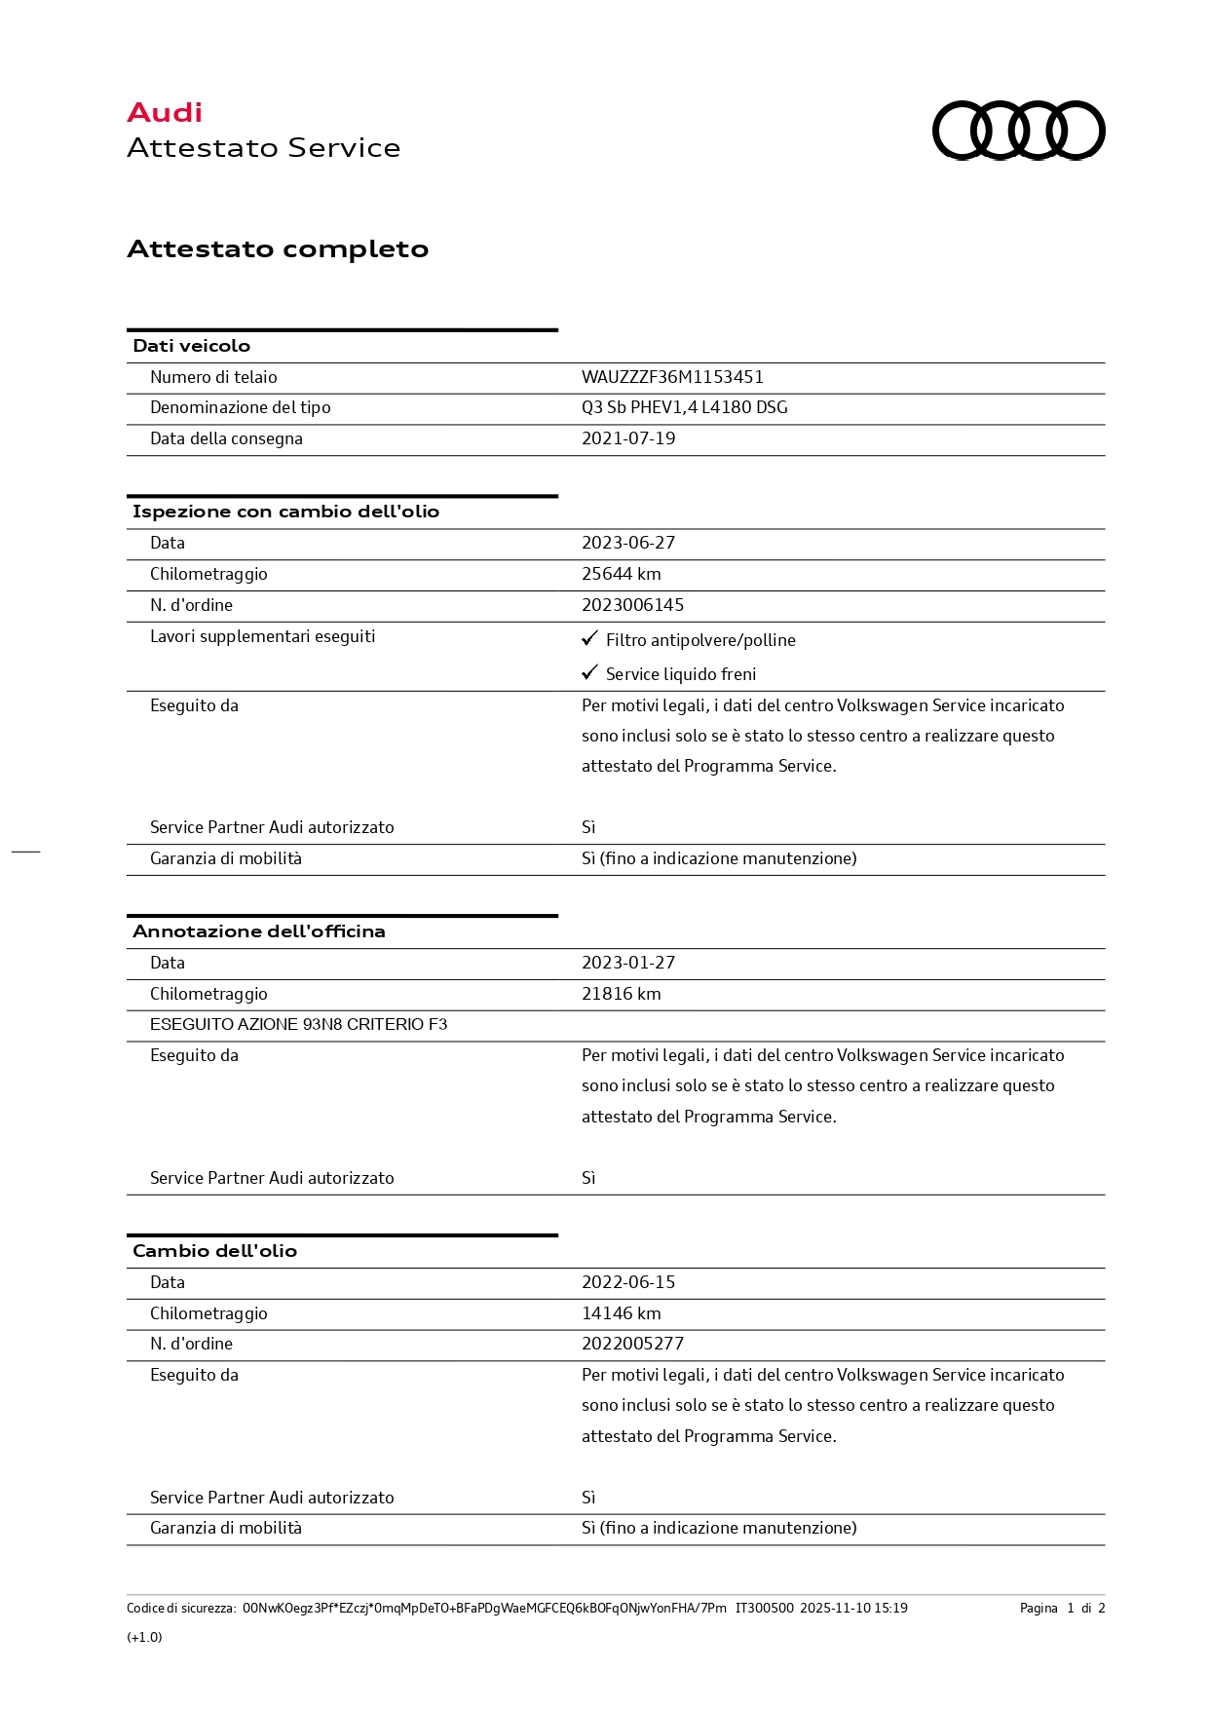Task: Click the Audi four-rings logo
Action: point(1018,130)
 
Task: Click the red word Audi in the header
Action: point(165,113)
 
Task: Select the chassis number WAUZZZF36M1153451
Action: point(672,377)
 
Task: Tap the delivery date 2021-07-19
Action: point(628,438)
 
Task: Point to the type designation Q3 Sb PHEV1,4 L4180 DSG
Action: point(684,407)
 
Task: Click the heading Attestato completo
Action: point(278,248)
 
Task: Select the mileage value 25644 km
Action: point(621,574)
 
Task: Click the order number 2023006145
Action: point(632,605)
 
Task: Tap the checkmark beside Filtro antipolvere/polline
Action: point(589,639)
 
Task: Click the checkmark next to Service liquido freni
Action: point(589,673)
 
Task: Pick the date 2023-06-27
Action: point(628,543)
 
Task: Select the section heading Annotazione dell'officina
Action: point(258,931)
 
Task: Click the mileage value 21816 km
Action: point(621,994)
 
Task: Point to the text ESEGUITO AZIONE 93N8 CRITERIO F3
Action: point(298,1024)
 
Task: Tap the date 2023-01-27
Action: point(628,963)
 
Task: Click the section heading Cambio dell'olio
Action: point(214,1251)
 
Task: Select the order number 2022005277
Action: point(632,1344)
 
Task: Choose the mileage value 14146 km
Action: point(621,1313)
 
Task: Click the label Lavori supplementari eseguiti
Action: point(262,636)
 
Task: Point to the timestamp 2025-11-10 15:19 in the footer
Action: point(853,1608)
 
